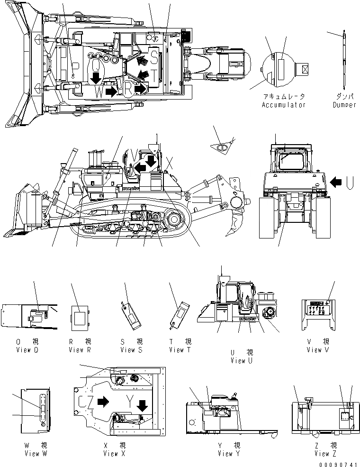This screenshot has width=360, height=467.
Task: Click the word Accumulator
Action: [283, 105]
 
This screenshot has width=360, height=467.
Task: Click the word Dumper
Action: [344, 105]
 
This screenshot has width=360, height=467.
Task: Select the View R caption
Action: [79, 350]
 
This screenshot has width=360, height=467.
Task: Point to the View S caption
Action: [131, 350]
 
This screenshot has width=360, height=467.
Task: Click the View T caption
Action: [180, 350]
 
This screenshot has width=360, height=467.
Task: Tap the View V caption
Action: [314, 350]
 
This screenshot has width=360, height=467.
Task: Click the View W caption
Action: [35, 454]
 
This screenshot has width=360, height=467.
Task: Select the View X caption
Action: [114, 454]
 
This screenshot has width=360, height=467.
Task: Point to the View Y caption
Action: [229, 454]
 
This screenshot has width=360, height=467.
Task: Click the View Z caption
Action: [325, 454]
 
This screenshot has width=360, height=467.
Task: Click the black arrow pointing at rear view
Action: [336, 181]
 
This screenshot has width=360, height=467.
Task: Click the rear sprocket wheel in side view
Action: [173, 220]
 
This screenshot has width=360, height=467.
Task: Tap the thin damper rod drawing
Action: [344, 62]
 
